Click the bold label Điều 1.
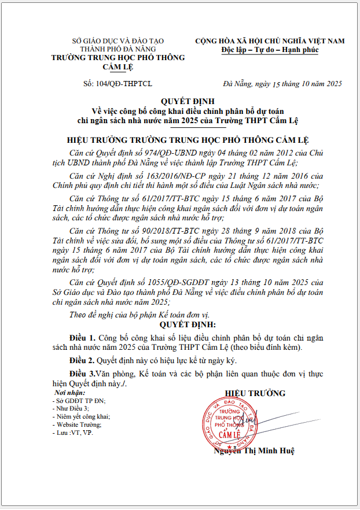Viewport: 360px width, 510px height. click(x=83, y=337)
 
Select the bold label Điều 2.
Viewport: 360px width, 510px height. click(x=83, y=360)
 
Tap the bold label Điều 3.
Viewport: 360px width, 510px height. click(x=83, y=374)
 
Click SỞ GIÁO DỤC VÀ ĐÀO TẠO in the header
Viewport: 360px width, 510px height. click(x=117, y=41)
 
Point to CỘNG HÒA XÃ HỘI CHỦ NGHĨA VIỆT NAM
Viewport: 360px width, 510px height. click(x=270, y=41)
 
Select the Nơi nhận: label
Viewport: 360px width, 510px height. click(x=67, y=393)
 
